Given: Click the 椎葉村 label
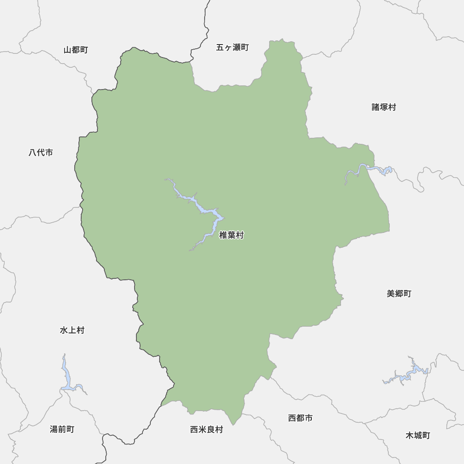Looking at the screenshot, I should [x=231, y=236].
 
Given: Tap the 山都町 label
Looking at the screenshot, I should [x=76, y=50].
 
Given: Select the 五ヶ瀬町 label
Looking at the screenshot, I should [x=232, y=47].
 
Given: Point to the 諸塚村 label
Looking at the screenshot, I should [x=384, y=107].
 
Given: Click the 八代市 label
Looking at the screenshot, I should [x=41, y=152].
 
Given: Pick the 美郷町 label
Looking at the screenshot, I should [x=399, y=294].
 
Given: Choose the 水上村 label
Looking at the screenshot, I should [x=72, y=330].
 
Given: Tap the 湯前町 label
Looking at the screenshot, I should [x=62, y=429].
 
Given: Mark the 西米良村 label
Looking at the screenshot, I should [x=206, y=430].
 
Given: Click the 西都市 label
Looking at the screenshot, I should [x=300, y=418].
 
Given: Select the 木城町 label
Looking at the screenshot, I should [x=418, y=435].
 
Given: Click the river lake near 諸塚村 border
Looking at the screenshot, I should [x=371, y=169].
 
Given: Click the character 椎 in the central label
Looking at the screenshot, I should [x=223, y=236].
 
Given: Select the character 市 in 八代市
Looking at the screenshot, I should [x=49, y=152].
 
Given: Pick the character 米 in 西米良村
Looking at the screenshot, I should [x=202, y=430].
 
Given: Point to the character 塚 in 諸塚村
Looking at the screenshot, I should [x=384, y=107].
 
